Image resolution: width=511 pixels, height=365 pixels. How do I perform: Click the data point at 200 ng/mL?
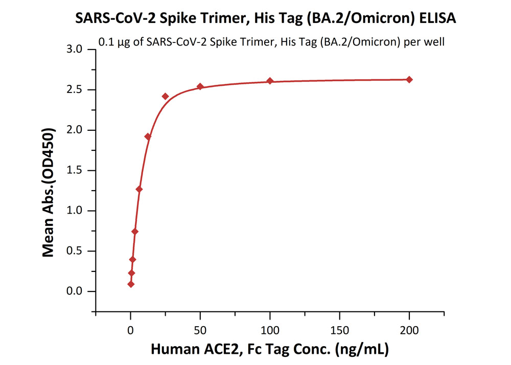point(409,80)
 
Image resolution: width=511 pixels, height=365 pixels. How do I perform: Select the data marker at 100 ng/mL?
point(270,81)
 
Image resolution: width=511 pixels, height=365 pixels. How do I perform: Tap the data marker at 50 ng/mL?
point(200,86)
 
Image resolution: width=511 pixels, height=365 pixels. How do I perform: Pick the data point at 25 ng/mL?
point(166,96)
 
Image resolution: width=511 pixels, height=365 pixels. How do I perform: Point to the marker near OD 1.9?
point(148,136)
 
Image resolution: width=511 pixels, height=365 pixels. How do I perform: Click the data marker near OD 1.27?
point(139,189)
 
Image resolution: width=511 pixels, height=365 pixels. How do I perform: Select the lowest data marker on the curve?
point(131,284)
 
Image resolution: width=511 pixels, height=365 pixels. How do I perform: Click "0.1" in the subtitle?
point(105,42)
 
